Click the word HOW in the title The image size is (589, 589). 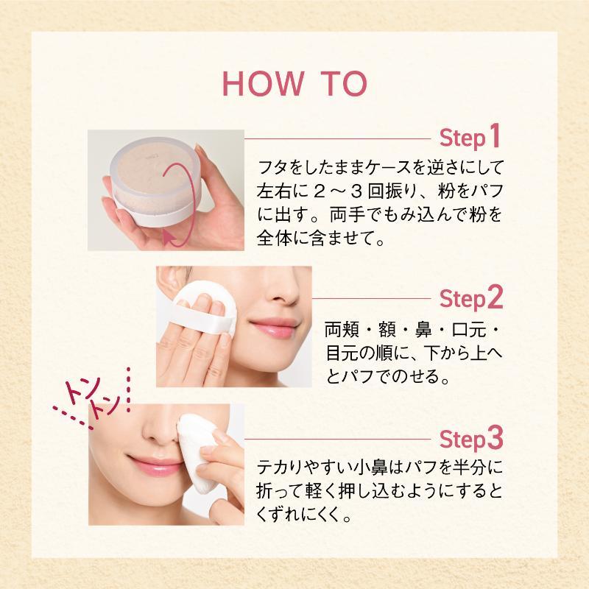(264, 84)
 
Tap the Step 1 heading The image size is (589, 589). (470, 137)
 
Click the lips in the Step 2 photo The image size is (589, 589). (275, 327)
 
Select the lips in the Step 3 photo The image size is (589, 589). (154, 466)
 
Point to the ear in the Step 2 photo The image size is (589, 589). (168, 283)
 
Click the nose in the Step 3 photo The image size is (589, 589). (161, 428)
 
